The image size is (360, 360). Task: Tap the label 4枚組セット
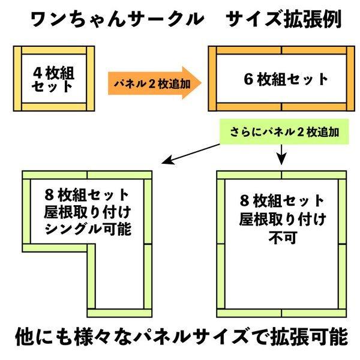pyautogui.click(x=53, y=79)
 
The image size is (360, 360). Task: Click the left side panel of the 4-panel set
pyautogui.click(x=17, y=78)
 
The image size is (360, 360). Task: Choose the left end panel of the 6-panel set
pyautogui.click(x=212, y=78)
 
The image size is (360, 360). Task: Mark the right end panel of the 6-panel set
pyautogui.click(x=350, y=78)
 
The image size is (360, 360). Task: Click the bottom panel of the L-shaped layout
pyautogui.click(x=120, y=312)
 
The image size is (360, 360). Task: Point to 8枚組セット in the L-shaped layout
pyautogui.click(x=87, y=195)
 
